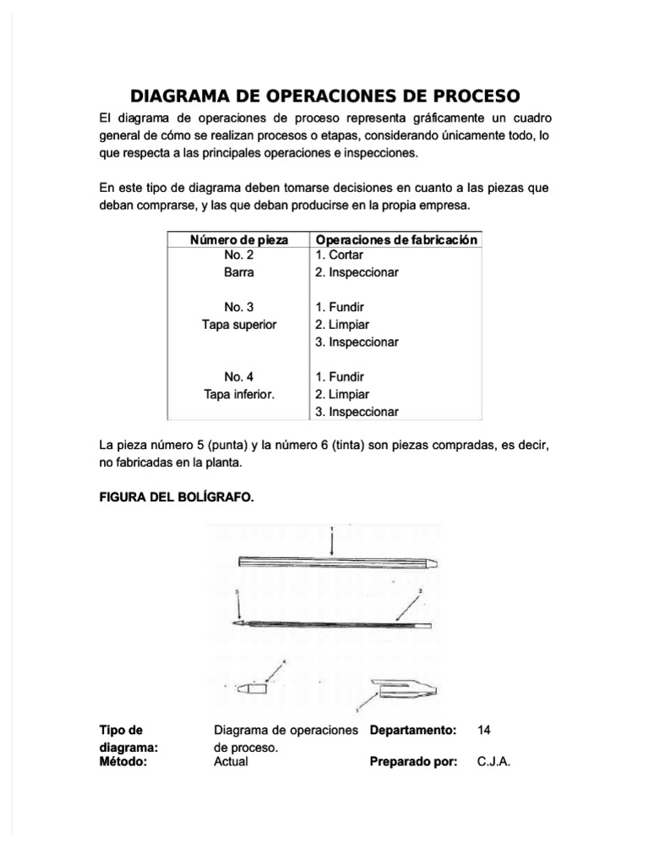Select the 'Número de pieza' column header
point(239,240)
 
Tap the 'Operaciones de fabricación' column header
point(396,240)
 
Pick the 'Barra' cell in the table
point(239,273)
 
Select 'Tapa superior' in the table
point(239,325)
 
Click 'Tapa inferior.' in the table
point(239,394)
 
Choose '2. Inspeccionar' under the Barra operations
point(357,273)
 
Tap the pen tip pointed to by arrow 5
point(242,623)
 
